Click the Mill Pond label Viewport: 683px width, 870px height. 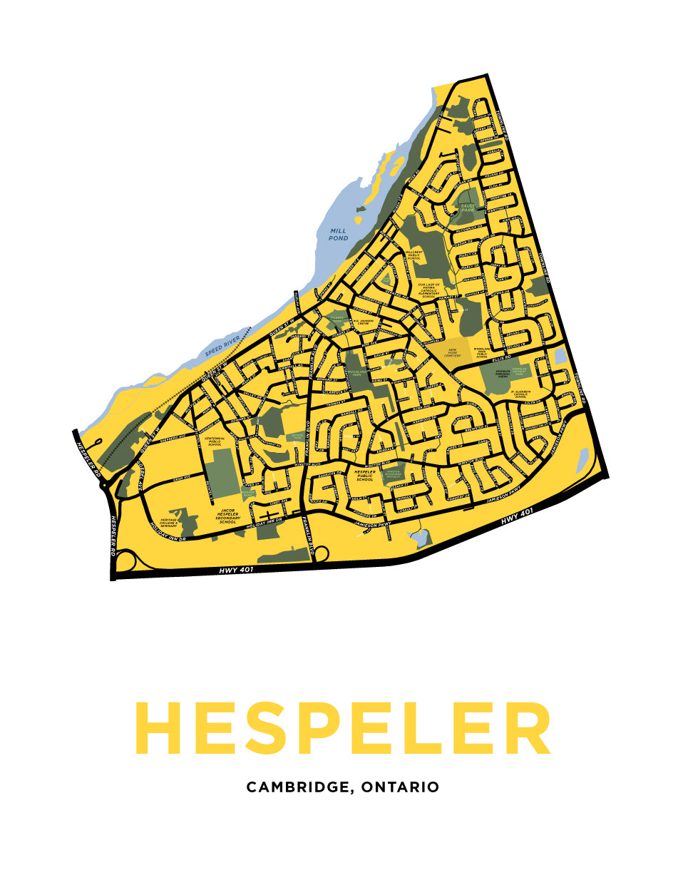[x=338, y=234]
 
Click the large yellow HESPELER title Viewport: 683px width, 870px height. [x=342, y=729]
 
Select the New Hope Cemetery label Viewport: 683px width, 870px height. [x=453, y=351]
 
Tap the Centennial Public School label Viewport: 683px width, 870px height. [x=215, y=441]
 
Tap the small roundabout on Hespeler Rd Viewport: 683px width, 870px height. [x=105, y=485]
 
